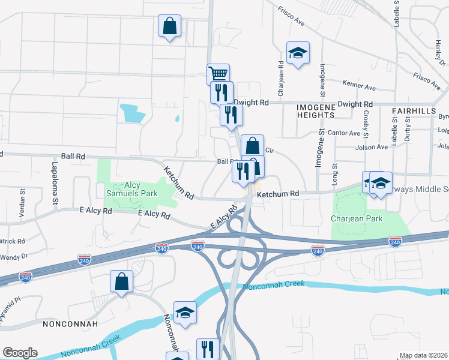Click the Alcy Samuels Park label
click(124, 189)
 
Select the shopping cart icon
click(218, 74)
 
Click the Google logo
click(20, 353)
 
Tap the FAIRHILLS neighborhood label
click(414, 112)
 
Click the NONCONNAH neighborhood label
click(67, 323)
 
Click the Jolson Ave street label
click(372, 146)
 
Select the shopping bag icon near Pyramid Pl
click(121, 281)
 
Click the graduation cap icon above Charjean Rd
click(298, 53)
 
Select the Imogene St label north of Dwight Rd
click(322, 81)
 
